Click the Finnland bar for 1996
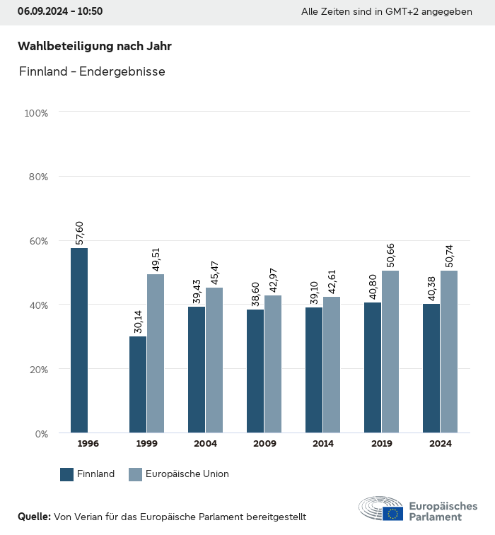tap(79, 340)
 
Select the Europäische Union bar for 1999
tap(156, 353)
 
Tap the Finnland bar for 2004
tap(197, 370)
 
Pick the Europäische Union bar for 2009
tap(273, 364)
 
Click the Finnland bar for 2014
tap(314, 370)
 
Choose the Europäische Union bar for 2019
tap(390, 351)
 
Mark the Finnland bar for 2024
tap(431, 368)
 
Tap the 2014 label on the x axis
tap(322, 444)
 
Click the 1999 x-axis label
tap(146, 444)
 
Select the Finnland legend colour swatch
tap(67, 474)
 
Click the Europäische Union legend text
tap(187, 474)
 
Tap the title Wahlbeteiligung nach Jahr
tap(95, 46)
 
